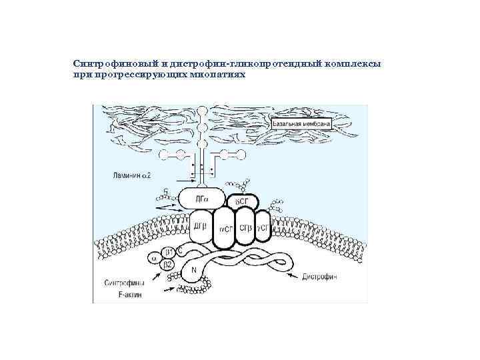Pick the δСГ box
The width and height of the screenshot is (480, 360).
click(241, 201)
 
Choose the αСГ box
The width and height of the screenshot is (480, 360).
click(226, 230)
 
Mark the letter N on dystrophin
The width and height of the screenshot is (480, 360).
click(194, 270)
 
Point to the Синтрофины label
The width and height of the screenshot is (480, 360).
click(123, 283)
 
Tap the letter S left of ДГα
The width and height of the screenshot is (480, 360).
click(167, 192)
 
